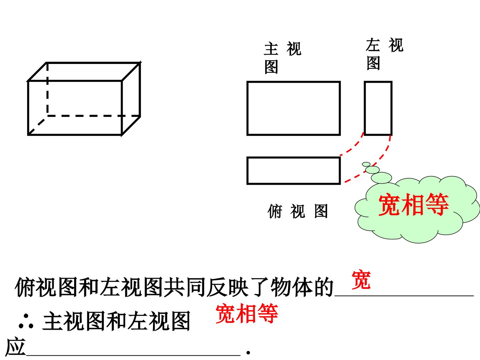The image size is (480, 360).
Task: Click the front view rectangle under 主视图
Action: coord(293,82)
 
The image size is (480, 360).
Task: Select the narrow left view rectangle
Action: coord(365,108)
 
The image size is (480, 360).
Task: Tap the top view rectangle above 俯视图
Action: coord(293,157)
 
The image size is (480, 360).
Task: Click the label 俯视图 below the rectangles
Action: coord(297,211)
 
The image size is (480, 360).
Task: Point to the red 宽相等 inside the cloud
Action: coord(414,205)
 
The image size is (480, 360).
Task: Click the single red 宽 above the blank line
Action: coord(361,280)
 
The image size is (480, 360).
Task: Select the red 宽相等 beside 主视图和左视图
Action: coord(247,313)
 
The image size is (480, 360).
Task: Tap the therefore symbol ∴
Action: coord(26,322)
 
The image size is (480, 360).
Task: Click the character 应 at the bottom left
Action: coord(16,347)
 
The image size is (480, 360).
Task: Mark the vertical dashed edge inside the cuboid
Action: coord(47,89)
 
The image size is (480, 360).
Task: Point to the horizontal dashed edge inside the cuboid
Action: coord(94,116)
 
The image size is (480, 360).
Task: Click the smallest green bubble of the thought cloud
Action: coord(366,164)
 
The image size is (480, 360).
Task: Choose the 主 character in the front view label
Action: coord(271,49)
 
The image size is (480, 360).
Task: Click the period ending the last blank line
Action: coord(248,353)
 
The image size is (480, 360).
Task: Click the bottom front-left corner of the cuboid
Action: coord(28,135)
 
